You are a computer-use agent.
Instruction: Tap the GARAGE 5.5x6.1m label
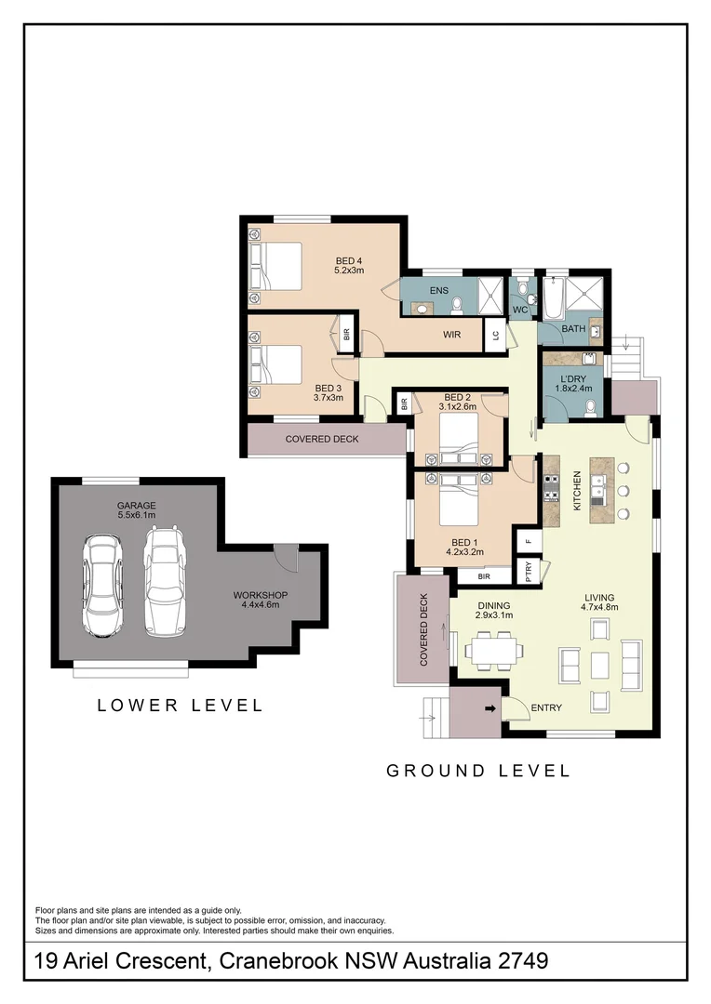[136, 510]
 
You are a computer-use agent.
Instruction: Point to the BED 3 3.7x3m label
[329, 393]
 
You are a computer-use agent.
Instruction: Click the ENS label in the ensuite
[438, 291]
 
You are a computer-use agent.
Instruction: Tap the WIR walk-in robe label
[452, 335]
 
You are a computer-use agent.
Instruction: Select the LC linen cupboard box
[496, 336]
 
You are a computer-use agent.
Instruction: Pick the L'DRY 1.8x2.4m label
[574, 384]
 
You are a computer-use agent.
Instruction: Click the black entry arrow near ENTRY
[490, 711]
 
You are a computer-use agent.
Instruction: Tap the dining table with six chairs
[492, 650]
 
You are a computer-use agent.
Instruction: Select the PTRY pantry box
[528, 569]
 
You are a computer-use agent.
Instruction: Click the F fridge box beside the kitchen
[529, 540]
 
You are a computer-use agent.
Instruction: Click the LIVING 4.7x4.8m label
[600, 602]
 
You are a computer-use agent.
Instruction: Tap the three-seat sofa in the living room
[631, 664]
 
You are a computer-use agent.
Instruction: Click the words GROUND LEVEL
[477, 771]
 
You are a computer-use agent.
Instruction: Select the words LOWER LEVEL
[181, 706]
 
